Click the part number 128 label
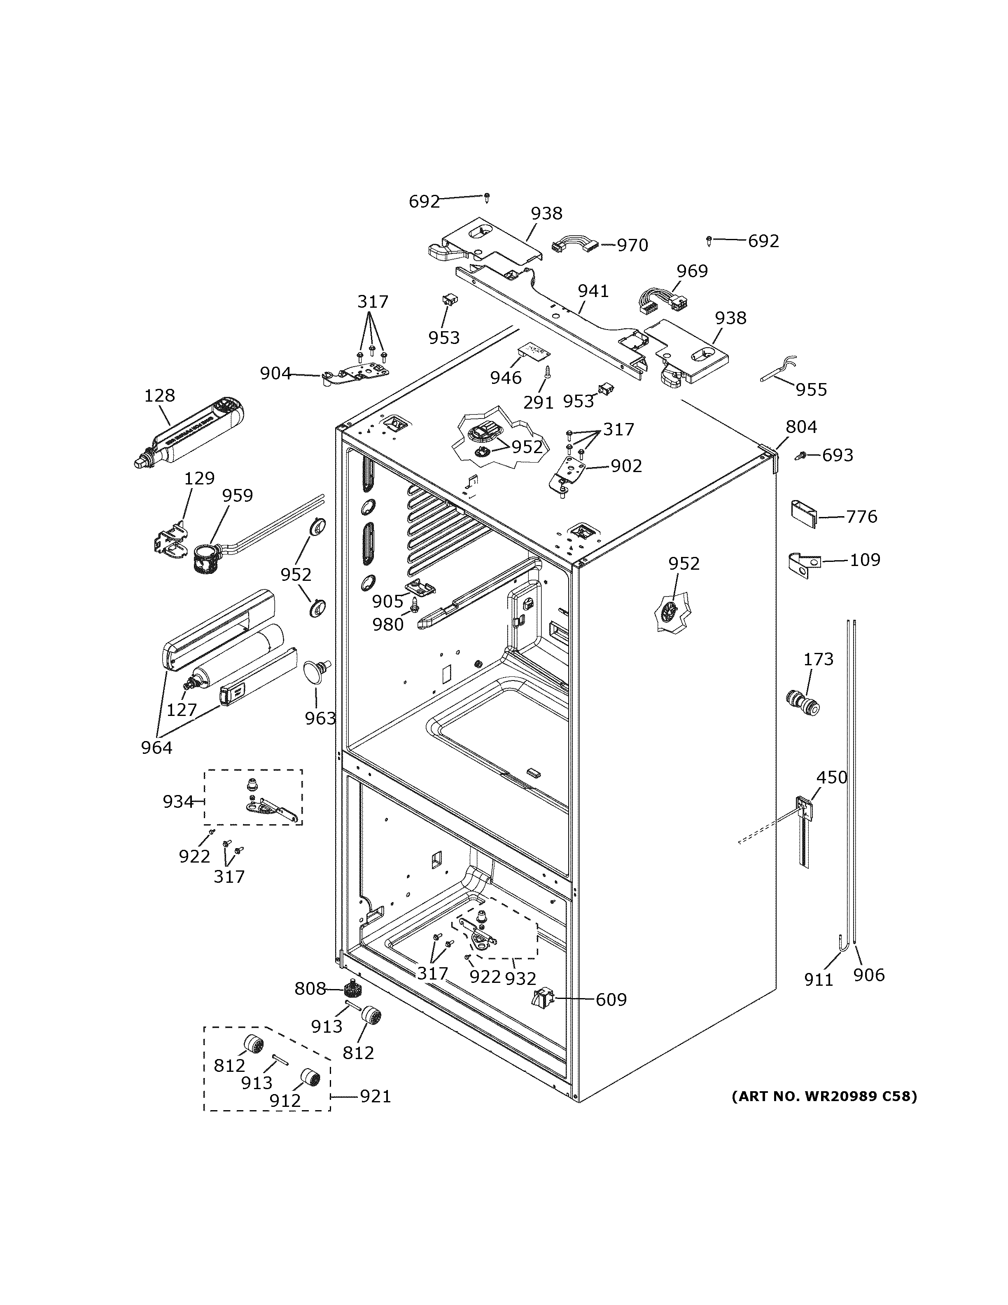[159, 395]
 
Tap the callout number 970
[632, 245]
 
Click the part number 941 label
[593, 291]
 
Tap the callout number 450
[831, 777]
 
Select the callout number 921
[375, 1097]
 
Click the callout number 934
[178, 801]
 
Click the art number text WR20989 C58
[824, 1097]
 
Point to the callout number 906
[868, 975]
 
